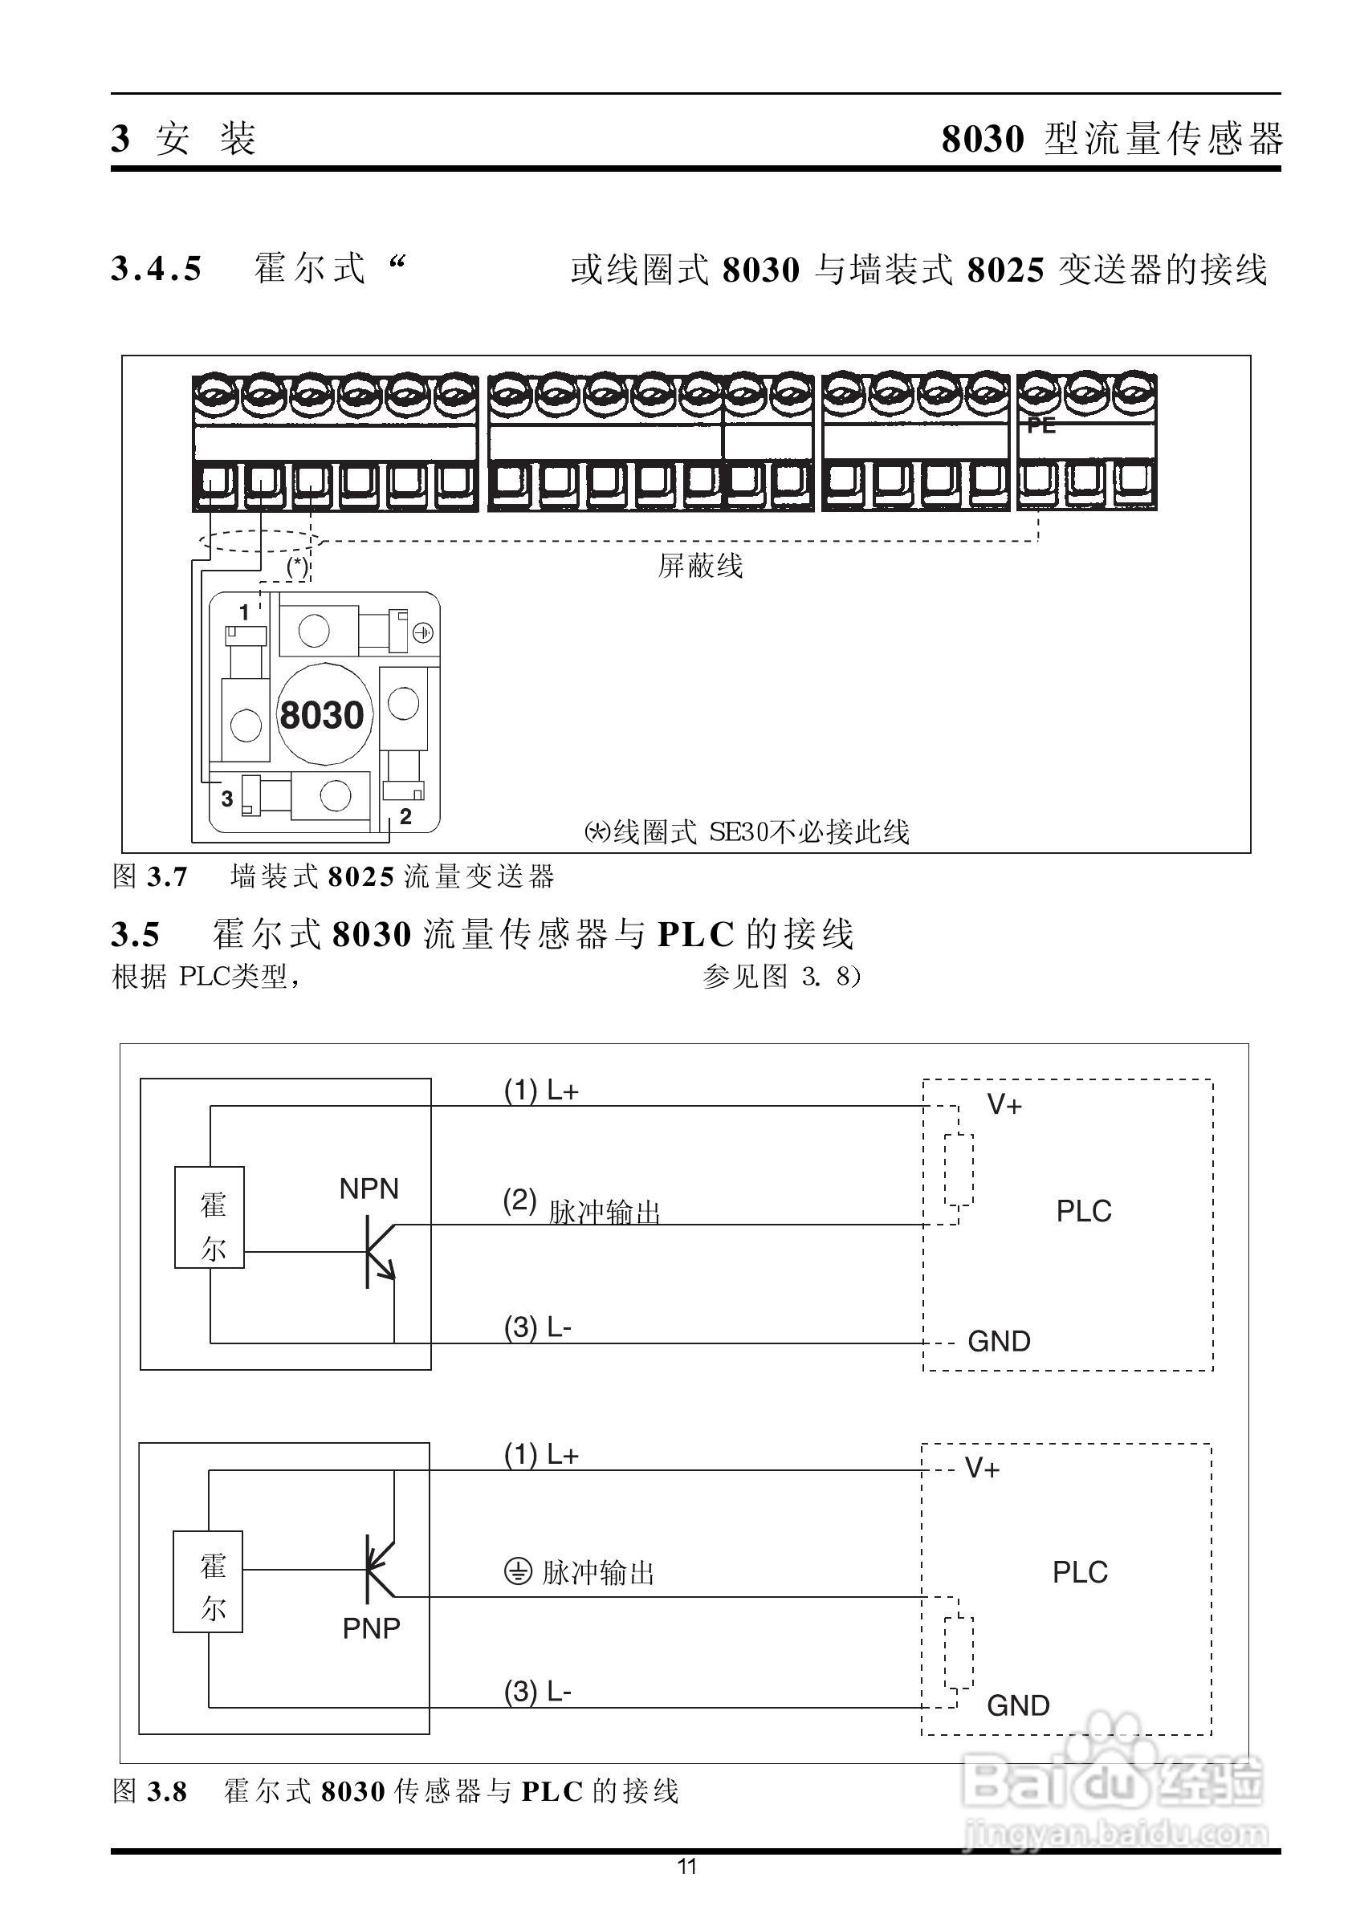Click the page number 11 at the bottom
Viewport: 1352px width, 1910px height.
coord(686,1867)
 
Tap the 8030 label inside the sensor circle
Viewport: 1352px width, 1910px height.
coord(321,715)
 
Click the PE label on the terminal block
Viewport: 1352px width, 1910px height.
coord(1040,425)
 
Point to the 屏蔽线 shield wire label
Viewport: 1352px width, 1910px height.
coord(699,567)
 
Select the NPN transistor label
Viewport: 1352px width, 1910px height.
coord(369,1189)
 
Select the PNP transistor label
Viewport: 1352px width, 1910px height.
coord(371,1628)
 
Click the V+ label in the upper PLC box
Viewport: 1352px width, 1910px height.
coord(1004,1105)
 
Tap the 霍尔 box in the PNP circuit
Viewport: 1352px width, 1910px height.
coord(208,1581)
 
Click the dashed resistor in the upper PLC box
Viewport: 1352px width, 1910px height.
coord(959,1168)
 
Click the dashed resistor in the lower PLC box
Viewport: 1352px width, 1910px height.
coord(959,1652)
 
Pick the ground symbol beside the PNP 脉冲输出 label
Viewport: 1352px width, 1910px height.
coord(518,1572)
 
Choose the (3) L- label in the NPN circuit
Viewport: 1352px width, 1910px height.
coord(538,1327)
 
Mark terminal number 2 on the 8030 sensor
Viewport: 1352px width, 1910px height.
coord(405,816)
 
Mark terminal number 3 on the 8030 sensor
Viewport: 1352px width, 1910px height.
coord(226,799)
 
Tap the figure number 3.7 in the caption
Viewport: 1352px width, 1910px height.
coord(167,877)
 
